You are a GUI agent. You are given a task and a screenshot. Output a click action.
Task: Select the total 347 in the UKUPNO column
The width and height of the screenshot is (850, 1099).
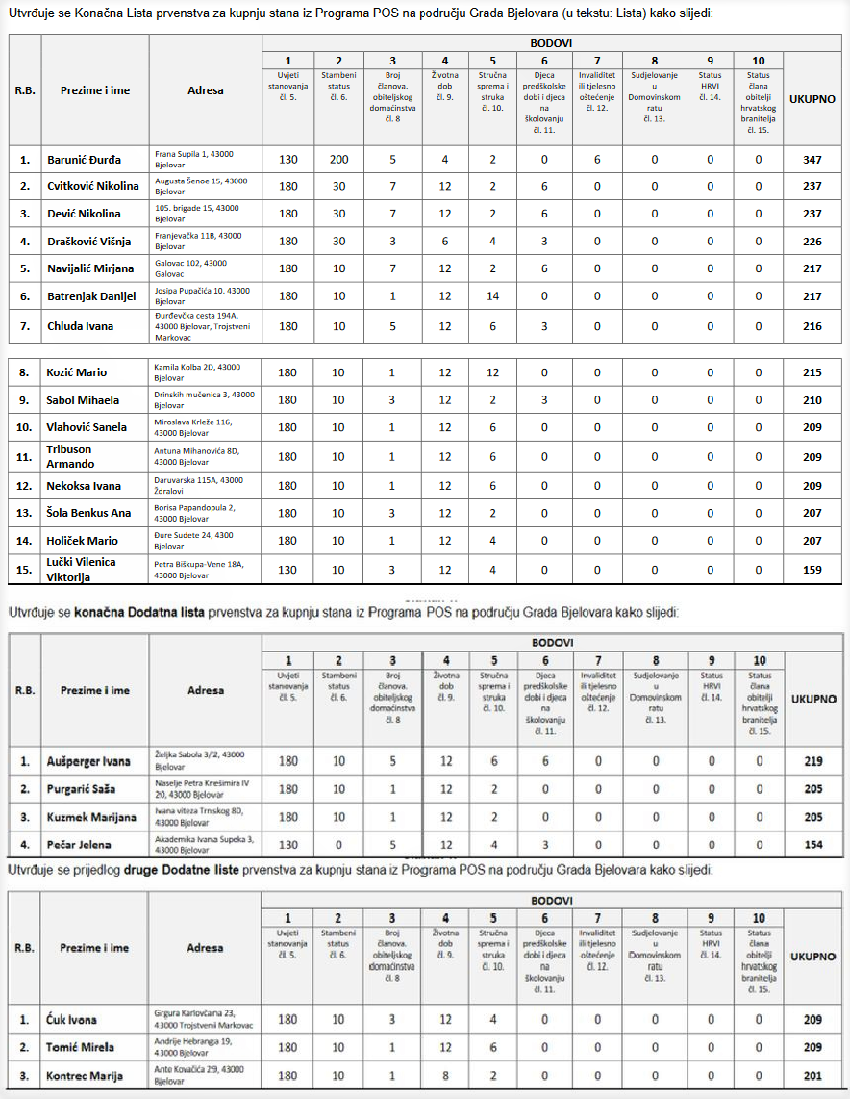[812, 160]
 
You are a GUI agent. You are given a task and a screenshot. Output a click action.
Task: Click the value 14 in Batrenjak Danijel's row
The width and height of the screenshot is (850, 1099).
[492, 296]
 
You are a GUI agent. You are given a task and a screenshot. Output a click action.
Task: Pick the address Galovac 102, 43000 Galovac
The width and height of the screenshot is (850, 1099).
[191, 268]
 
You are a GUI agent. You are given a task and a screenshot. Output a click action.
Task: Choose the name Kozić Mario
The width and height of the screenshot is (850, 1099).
[77, 372]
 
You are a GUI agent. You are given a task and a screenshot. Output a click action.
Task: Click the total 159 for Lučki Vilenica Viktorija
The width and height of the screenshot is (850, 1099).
[812, 569]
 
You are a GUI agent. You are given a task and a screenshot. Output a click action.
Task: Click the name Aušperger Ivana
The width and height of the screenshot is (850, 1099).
[87, 761]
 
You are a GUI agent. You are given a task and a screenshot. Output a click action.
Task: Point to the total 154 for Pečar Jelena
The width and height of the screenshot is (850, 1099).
[812, 844]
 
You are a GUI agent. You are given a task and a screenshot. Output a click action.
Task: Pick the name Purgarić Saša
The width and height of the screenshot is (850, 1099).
[81, 789]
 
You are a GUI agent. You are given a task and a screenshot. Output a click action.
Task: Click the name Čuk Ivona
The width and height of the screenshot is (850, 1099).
[72, 1019]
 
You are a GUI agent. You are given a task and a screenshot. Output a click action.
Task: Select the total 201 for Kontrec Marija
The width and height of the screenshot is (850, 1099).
[812, 1075]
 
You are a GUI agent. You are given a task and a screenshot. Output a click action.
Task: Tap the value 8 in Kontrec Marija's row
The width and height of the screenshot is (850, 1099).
[445, 1075]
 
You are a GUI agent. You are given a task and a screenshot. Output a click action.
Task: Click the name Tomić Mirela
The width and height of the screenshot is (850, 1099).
[80, 1047]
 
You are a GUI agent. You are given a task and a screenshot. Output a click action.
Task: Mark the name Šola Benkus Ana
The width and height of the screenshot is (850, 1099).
[88, 513]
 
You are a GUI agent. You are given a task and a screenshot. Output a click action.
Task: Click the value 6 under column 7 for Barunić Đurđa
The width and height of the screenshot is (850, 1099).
[596, 160]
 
